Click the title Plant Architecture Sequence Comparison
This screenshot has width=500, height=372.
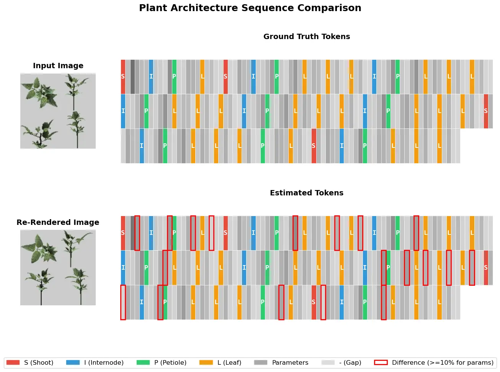coord(250,8)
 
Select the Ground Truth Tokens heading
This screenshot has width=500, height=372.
coord(307,36)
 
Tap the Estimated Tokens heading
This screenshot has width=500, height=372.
coord(307,193)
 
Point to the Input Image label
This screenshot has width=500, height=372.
coord(58,66)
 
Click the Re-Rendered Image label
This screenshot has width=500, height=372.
coord(58,222)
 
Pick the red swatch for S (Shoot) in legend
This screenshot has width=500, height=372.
coord(13,362)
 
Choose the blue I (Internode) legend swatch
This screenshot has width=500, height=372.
coord(73,362)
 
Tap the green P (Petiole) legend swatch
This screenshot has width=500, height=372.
coord(143,362)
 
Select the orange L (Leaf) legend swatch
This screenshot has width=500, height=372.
coord(206,362)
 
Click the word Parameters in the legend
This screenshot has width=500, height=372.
coord(290,362)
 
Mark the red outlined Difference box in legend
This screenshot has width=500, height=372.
coord(381,362)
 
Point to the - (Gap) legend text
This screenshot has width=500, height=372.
coord(350,362)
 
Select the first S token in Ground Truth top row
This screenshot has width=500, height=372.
coord(123,77)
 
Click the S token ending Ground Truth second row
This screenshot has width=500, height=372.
coord(486,111)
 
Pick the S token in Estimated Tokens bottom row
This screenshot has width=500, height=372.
coord(314,302)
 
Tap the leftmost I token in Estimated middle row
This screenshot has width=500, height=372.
coord(123,268)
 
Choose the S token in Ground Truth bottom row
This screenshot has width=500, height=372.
coord(314,146)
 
